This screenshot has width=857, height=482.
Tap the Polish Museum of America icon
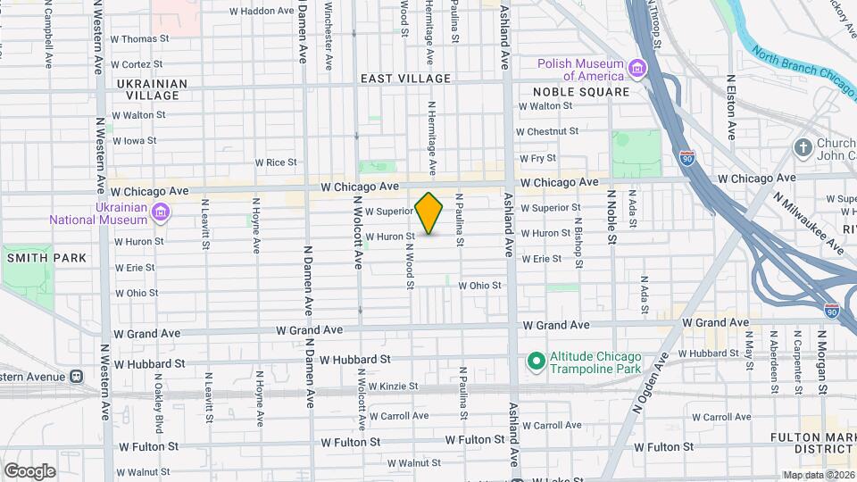[x=637, y=69]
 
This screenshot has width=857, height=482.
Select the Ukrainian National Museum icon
[x=160, y=212]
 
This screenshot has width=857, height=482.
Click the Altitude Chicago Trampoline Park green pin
[x=536, y=361]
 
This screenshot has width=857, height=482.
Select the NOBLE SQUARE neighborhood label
[x=581, y=91]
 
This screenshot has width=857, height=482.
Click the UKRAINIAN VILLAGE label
[x=152, y=89]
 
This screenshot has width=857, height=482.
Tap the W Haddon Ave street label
[x=262, y=12]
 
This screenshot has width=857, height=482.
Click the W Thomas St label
[x=140, y=39]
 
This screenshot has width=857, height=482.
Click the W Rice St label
[x=275, y=162]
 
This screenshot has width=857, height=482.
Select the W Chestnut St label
[x=549, y=131]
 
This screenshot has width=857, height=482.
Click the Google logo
[x=29, y=470]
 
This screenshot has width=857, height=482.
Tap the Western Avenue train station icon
[x=76, y=376]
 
